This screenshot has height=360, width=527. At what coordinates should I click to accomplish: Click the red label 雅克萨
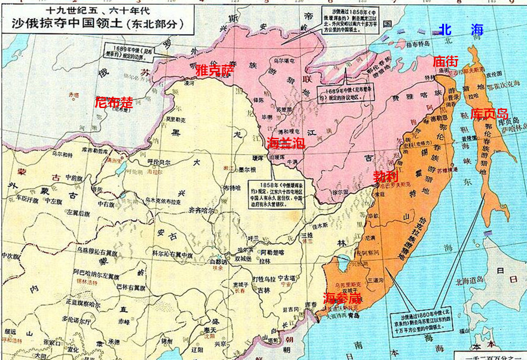click(x=215, y=70)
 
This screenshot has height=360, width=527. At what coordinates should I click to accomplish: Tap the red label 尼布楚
click(x=114, y=101)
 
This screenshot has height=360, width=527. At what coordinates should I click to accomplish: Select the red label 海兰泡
click(x=286, y=143)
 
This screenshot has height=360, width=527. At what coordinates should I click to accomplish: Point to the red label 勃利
click(x=385, y=177)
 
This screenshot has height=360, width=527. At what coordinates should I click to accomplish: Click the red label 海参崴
click(x=342, y=297)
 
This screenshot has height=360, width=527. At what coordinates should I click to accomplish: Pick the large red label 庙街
click(x=445, y=61)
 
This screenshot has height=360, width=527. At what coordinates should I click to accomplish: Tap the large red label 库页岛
click(x=489, y=113)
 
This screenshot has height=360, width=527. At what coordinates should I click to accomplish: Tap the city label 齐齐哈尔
click(x=200, y=211)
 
